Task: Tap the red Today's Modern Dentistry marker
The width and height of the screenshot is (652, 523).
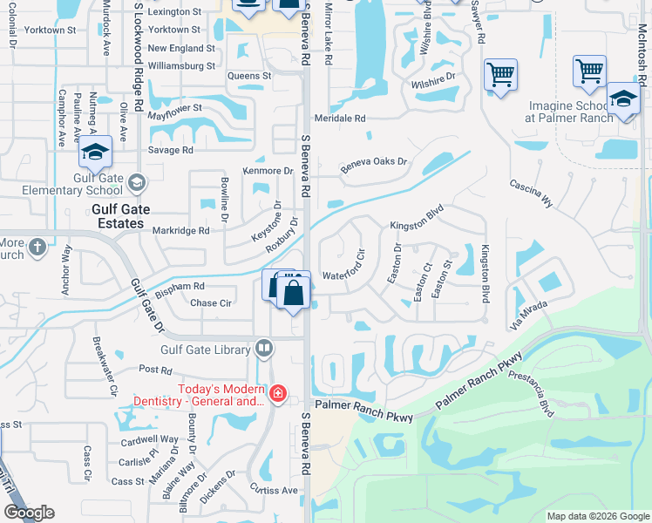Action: click(277, 394)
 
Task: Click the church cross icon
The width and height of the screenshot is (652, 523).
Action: click(37, 248)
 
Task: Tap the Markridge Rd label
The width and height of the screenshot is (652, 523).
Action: click(181, 231)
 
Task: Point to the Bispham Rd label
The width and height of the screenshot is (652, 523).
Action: click(180, 286)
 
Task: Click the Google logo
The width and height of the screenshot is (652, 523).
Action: click(29, 513)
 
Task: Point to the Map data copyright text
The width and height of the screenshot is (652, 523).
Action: click(597, 517)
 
